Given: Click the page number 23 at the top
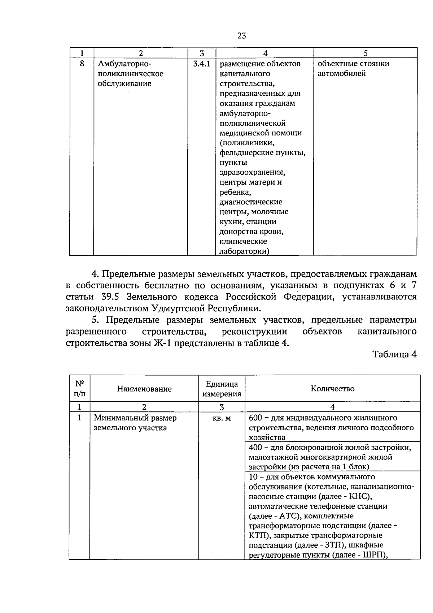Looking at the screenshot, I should click(242, 35).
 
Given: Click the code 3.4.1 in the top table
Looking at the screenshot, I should click(202, 64).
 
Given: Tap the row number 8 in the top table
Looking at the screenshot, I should click(82, 64).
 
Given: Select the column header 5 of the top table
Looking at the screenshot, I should click(365, 53).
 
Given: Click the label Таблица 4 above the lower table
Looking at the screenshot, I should click(394, 354).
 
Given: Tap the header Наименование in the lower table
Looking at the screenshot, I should click(144, 389).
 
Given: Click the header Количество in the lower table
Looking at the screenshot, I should click(332, 389).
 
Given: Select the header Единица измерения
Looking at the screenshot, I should click(222, 389).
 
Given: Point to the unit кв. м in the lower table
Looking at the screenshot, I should click(222, 418).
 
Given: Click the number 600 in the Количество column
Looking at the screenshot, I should click(255, 418).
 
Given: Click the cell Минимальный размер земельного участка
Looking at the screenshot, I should click(135, 423).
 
